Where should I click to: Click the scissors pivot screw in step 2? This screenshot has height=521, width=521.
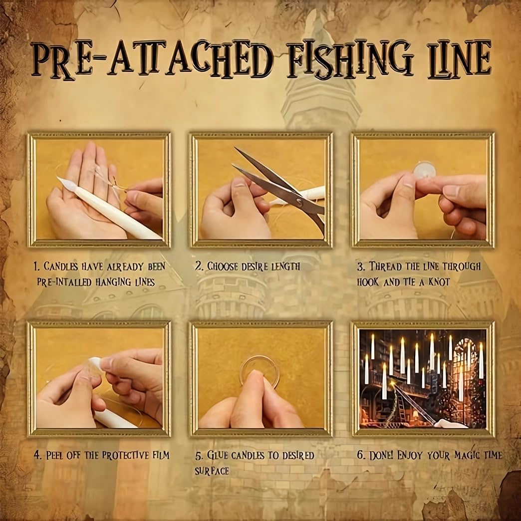301,202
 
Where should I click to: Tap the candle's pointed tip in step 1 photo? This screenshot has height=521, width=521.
60,180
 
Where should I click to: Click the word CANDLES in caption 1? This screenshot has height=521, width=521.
61,266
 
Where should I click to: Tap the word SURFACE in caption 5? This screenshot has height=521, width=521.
212,471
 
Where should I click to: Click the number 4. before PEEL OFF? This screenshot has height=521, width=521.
37,455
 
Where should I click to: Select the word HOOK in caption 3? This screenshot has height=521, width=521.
368,282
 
